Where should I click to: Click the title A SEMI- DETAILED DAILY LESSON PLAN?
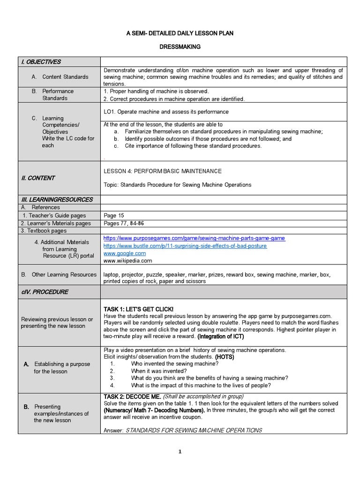[180, 33]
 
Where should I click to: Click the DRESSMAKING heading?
[180, 47]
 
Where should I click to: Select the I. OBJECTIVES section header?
[40, 62]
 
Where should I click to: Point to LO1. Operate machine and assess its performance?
[166, 112]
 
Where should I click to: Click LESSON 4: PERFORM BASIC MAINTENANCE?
[163, 171]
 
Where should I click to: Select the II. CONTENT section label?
[38, 178]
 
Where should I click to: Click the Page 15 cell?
[114, 216]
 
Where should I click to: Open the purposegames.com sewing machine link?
[194, 238]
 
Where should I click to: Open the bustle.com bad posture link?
[185, 246]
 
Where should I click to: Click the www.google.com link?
[125, 253]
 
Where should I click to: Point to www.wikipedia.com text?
[127, 261]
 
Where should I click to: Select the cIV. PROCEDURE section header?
[45, 292]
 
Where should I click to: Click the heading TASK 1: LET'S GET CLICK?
[138, 309]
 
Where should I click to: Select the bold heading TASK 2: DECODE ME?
[132, 397]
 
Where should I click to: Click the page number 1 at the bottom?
[180, 452]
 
